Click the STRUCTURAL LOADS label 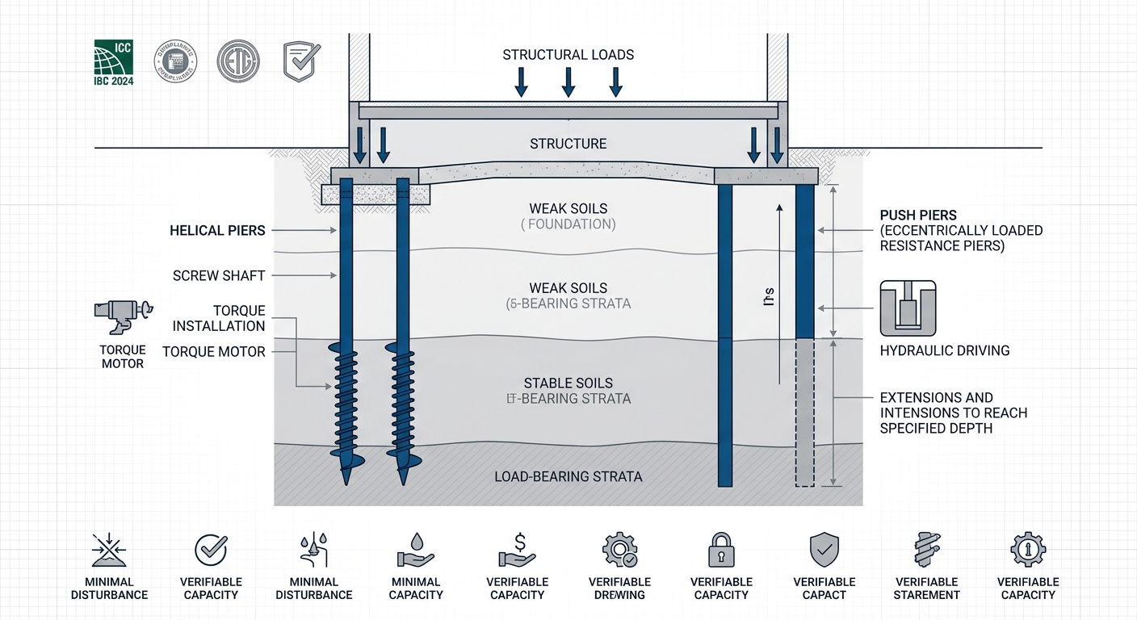point(568,55)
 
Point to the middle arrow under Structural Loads point(568,82)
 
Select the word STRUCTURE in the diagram point(568,144)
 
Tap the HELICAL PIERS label point(217,231)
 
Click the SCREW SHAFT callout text point(219,276)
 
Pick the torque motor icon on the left point(123,316)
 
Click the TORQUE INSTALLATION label point(219,319)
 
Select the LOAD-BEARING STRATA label point(568,477)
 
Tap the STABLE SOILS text point(568,383)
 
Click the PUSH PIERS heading point(918,216)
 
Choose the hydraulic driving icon point(908,308)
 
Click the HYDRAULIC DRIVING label point(944,351)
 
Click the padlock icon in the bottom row point(721,551)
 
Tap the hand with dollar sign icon point(518,550)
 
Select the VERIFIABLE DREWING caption point(619,589)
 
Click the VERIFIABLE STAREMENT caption point(926,589)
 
